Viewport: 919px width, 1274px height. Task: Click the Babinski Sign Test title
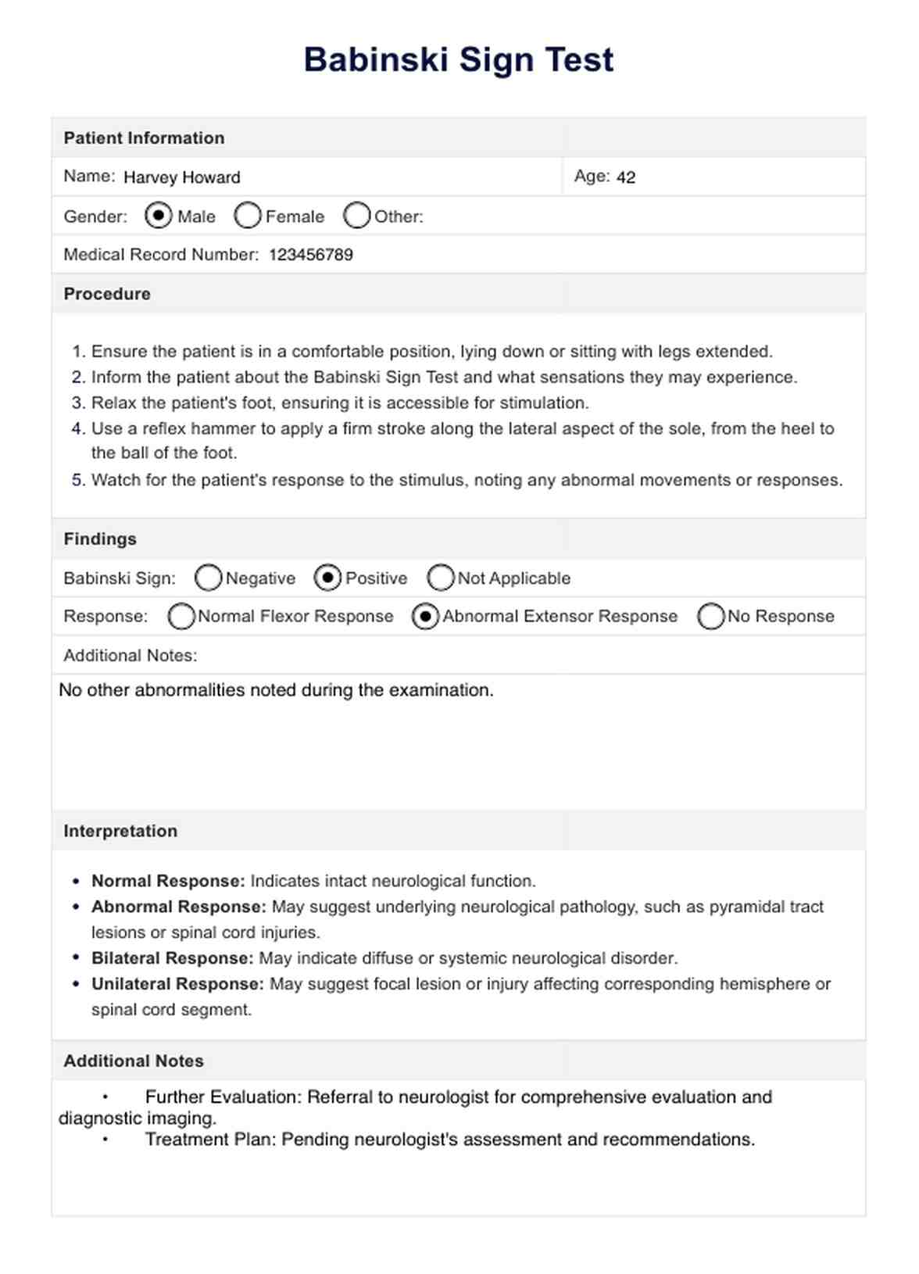pyautogui.click(x=459, y=60)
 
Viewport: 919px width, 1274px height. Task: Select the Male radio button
pyautogui.click(x=159, y=215)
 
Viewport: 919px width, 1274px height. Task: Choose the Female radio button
pyautogui.click(x=247, y=216)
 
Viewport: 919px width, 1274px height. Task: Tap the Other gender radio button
pyautogui.click(x=356, y=216)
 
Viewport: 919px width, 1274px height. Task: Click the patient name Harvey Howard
pyautogui.click(x=181, y=177)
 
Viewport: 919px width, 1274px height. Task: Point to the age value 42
pyautogui.click(x=625, y=177)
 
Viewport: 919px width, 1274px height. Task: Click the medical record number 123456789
pyautogui.click(x=311, y=255)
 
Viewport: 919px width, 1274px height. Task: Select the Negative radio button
pyautogui.click(x=208, y=578)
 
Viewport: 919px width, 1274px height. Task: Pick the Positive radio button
pyautogui.click(x=327, y=578)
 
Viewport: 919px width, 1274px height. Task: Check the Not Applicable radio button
pyautogui.click(x=441, y=578)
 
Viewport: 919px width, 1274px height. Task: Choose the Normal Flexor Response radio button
pyautogui.click(x=181, y=616)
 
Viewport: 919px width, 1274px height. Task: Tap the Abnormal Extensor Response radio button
pyautogui.click(x=425, y=616)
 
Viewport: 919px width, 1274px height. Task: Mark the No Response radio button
pyautogui.click(x=711, y=616)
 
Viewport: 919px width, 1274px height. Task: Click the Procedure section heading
pyautogui.click(x=107, y=294)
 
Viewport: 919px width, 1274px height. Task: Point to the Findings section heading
pyautogui.click(x=100, y=539)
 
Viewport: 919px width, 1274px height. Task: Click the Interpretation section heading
pyautogui.click(x=120, y=831)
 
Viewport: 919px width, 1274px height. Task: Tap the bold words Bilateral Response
pyautogui.click(x=172, y=958)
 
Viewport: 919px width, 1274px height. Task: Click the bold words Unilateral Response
pyautogui.click(x=177, y=984)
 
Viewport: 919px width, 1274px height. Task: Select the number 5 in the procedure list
pyautogui.click(x=77, y=480)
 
